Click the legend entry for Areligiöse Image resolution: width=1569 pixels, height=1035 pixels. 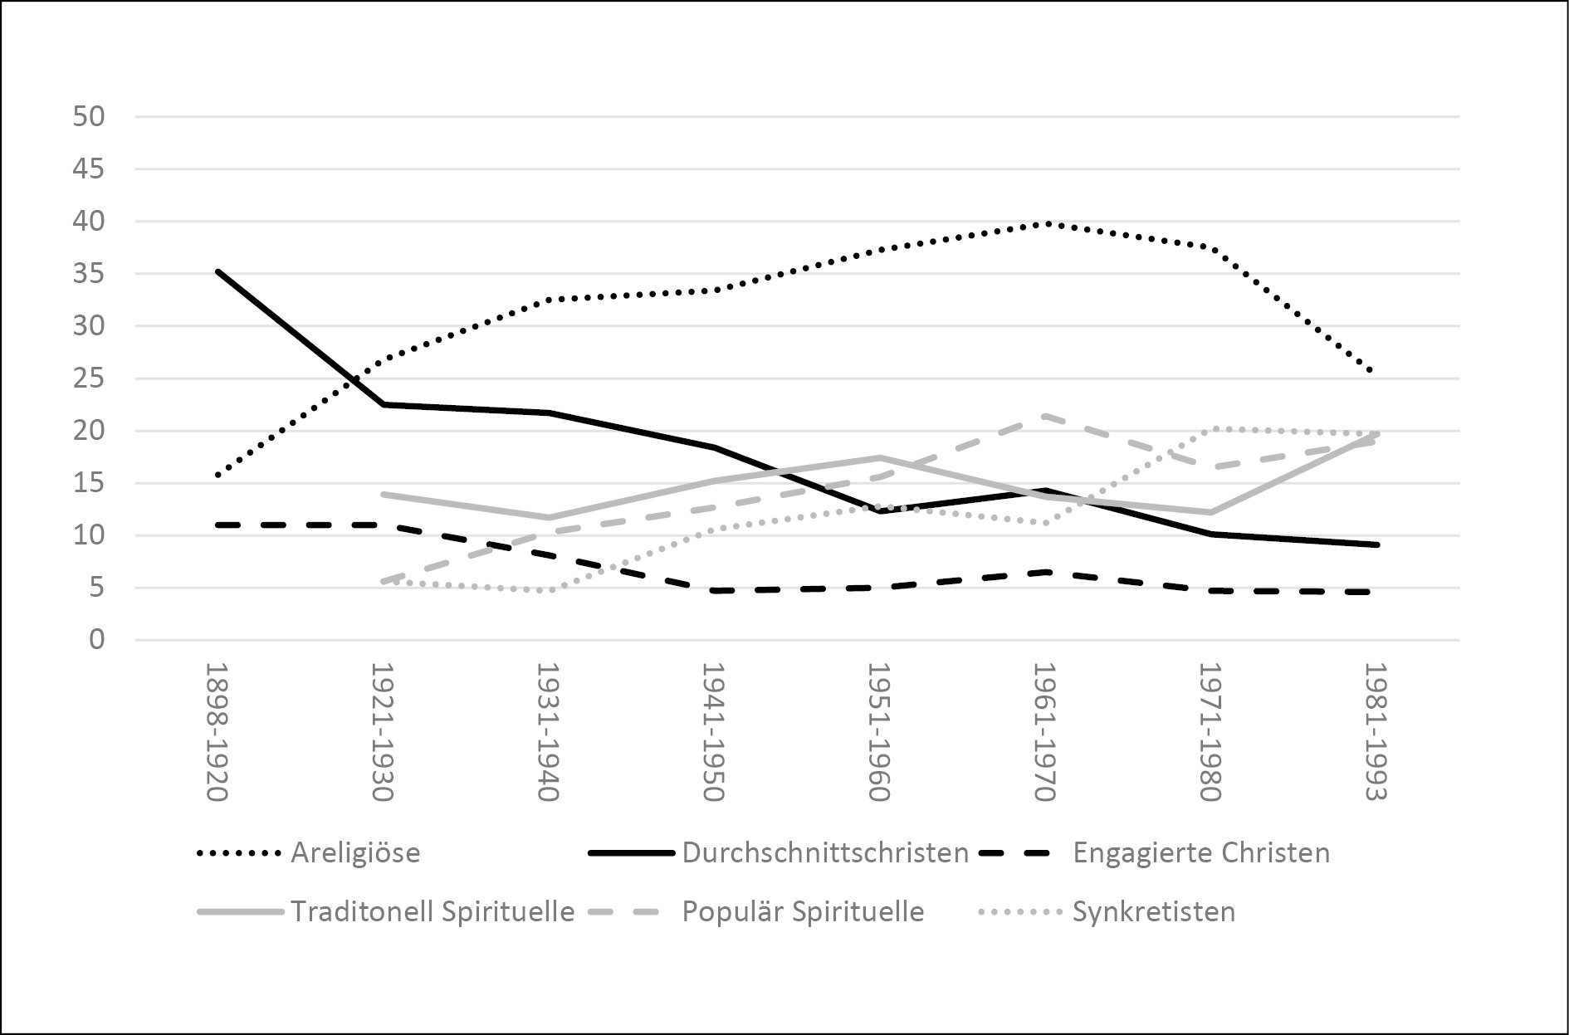pos(354,852)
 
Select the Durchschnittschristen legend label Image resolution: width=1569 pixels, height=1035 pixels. pos(825,852)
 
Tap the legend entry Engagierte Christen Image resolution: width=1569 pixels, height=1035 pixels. pos(1200,852)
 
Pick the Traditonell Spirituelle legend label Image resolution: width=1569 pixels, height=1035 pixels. pos(432,911)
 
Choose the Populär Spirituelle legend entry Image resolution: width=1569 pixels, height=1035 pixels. pos(802,911)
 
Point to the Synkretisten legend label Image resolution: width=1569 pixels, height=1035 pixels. pos(1153,911)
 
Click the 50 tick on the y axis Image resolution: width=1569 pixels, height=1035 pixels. pos(89,117)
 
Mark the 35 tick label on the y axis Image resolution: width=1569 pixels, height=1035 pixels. pos(89,274)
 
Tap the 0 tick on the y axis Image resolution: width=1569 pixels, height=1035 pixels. pos(98,640)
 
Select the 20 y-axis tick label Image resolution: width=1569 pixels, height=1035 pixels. pos(89,431)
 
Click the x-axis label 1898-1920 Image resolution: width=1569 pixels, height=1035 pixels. pos(217,731)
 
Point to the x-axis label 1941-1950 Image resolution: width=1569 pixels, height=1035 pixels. pos(713,731)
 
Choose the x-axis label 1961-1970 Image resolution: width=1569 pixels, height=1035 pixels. pos(1044,731)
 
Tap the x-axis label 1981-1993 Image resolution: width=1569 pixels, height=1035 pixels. pos(1376,731)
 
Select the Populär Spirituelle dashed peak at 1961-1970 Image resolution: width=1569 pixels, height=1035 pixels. pos(1045,415)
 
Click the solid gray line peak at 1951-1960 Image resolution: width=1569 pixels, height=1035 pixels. pos(879,457)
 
